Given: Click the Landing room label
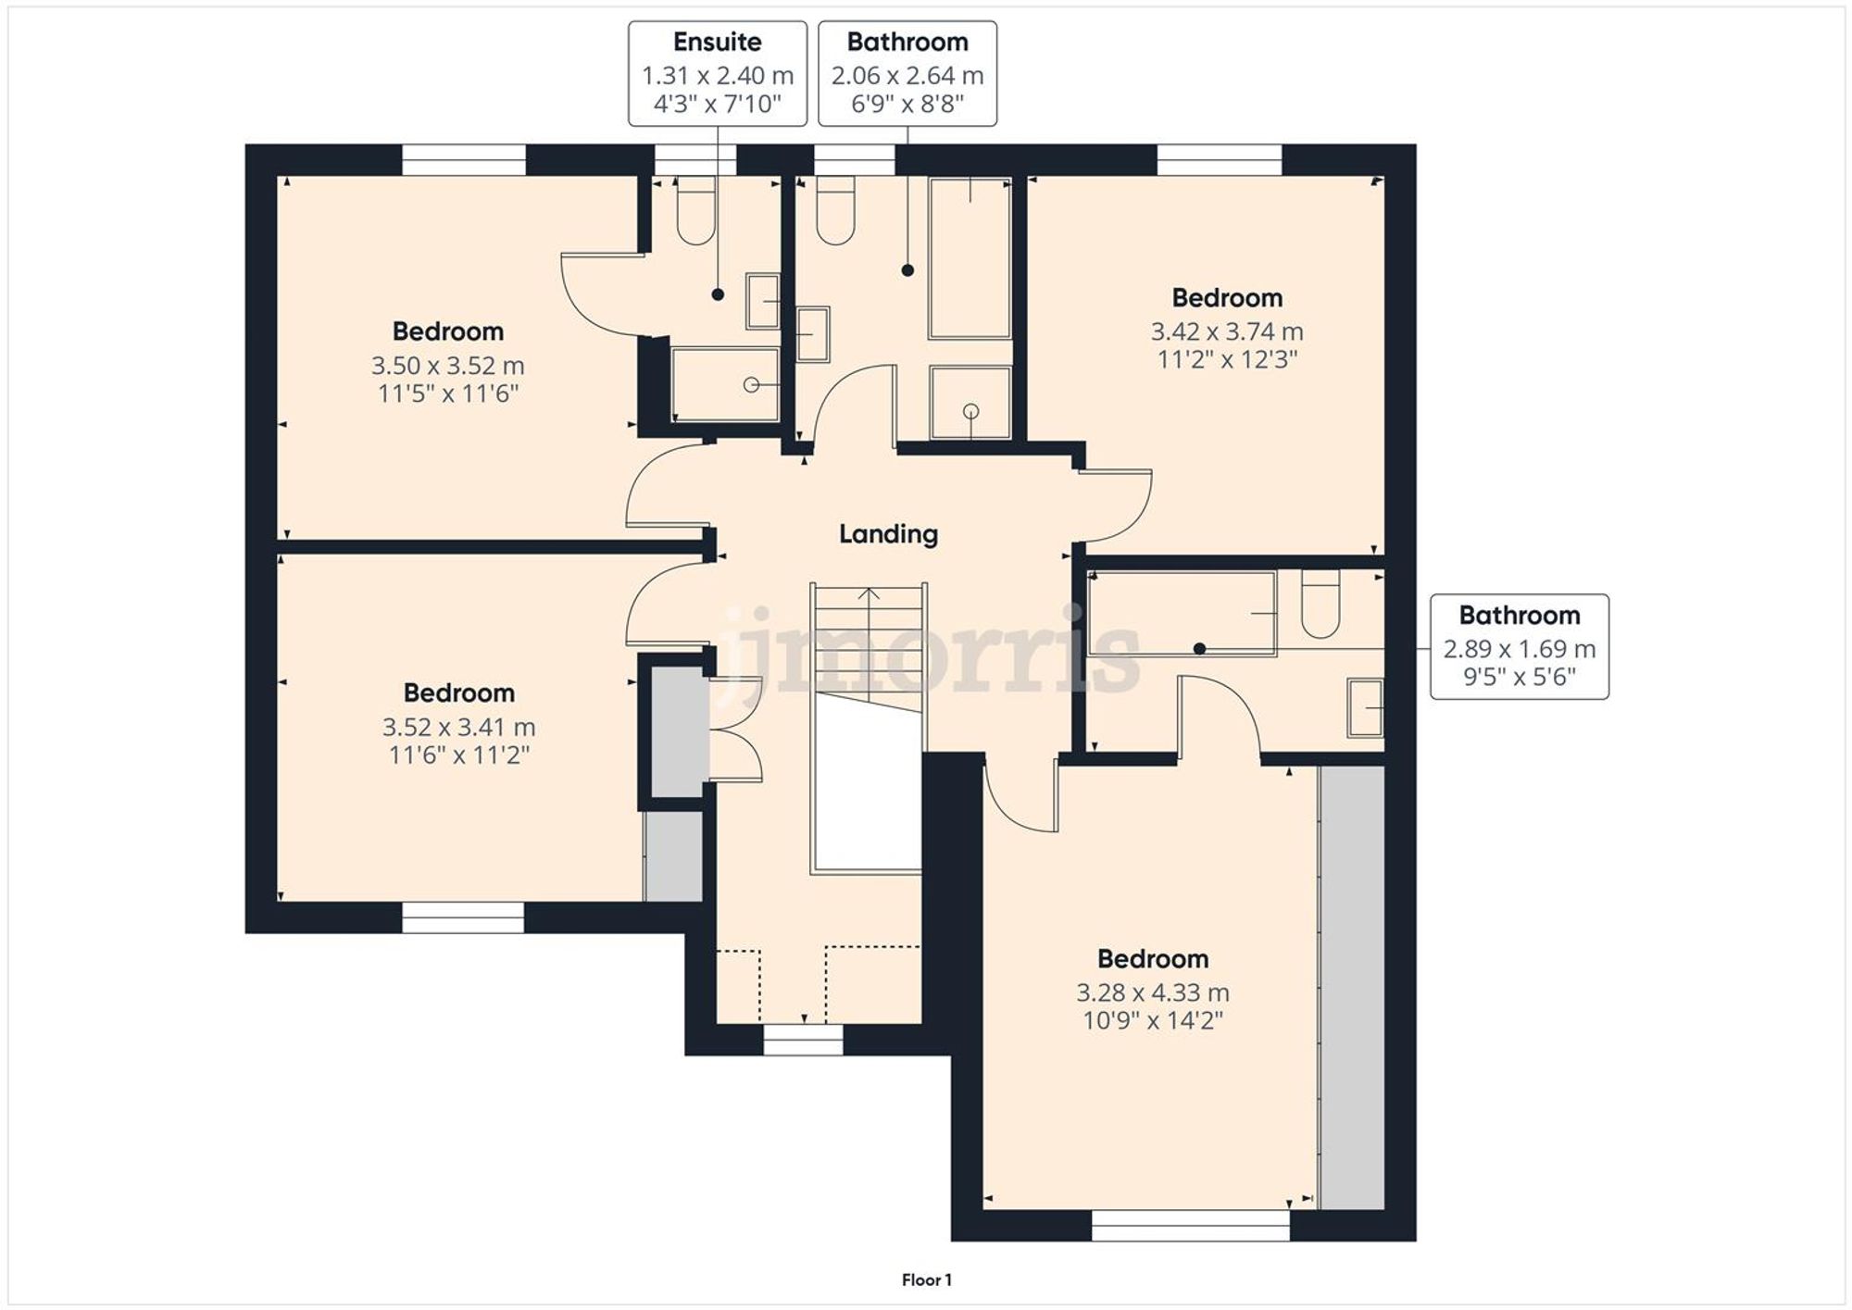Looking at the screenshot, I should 888,534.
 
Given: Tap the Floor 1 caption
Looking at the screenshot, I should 926,1280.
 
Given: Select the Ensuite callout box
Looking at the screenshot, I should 718,73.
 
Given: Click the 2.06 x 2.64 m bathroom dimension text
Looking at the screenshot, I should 907,76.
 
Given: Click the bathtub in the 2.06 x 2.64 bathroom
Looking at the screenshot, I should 970,259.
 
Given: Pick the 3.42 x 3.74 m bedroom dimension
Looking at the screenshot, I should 1226,331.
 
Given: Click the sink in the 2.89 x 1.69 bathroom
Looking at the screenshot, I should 1365,708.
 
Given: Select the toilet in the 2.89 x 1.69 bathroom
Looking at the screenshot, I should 1320,605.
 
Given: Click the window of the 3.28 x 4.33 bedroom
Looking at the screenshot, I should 1190,1225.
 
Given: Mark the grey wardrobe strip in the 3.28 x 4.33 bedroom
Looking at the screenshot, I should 1351,986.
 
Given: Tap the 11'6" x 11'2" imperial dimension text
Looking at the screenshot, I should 458,755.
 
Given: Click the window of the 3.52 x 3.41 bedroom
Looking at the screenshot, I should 463,917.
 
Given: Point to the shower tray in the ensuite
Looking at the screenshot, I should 725,384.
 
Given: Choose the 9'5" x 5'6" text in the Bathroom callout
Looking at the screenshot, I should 1519,678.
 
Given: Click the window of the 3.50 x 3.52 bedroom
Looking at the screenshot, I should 464,159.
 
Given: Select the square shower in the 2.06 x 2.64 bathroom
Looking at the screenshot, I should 970,403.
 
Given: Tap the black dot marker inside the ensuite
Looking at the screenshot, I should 718,294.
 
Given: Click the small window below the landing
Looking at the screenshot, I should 803,1039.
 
